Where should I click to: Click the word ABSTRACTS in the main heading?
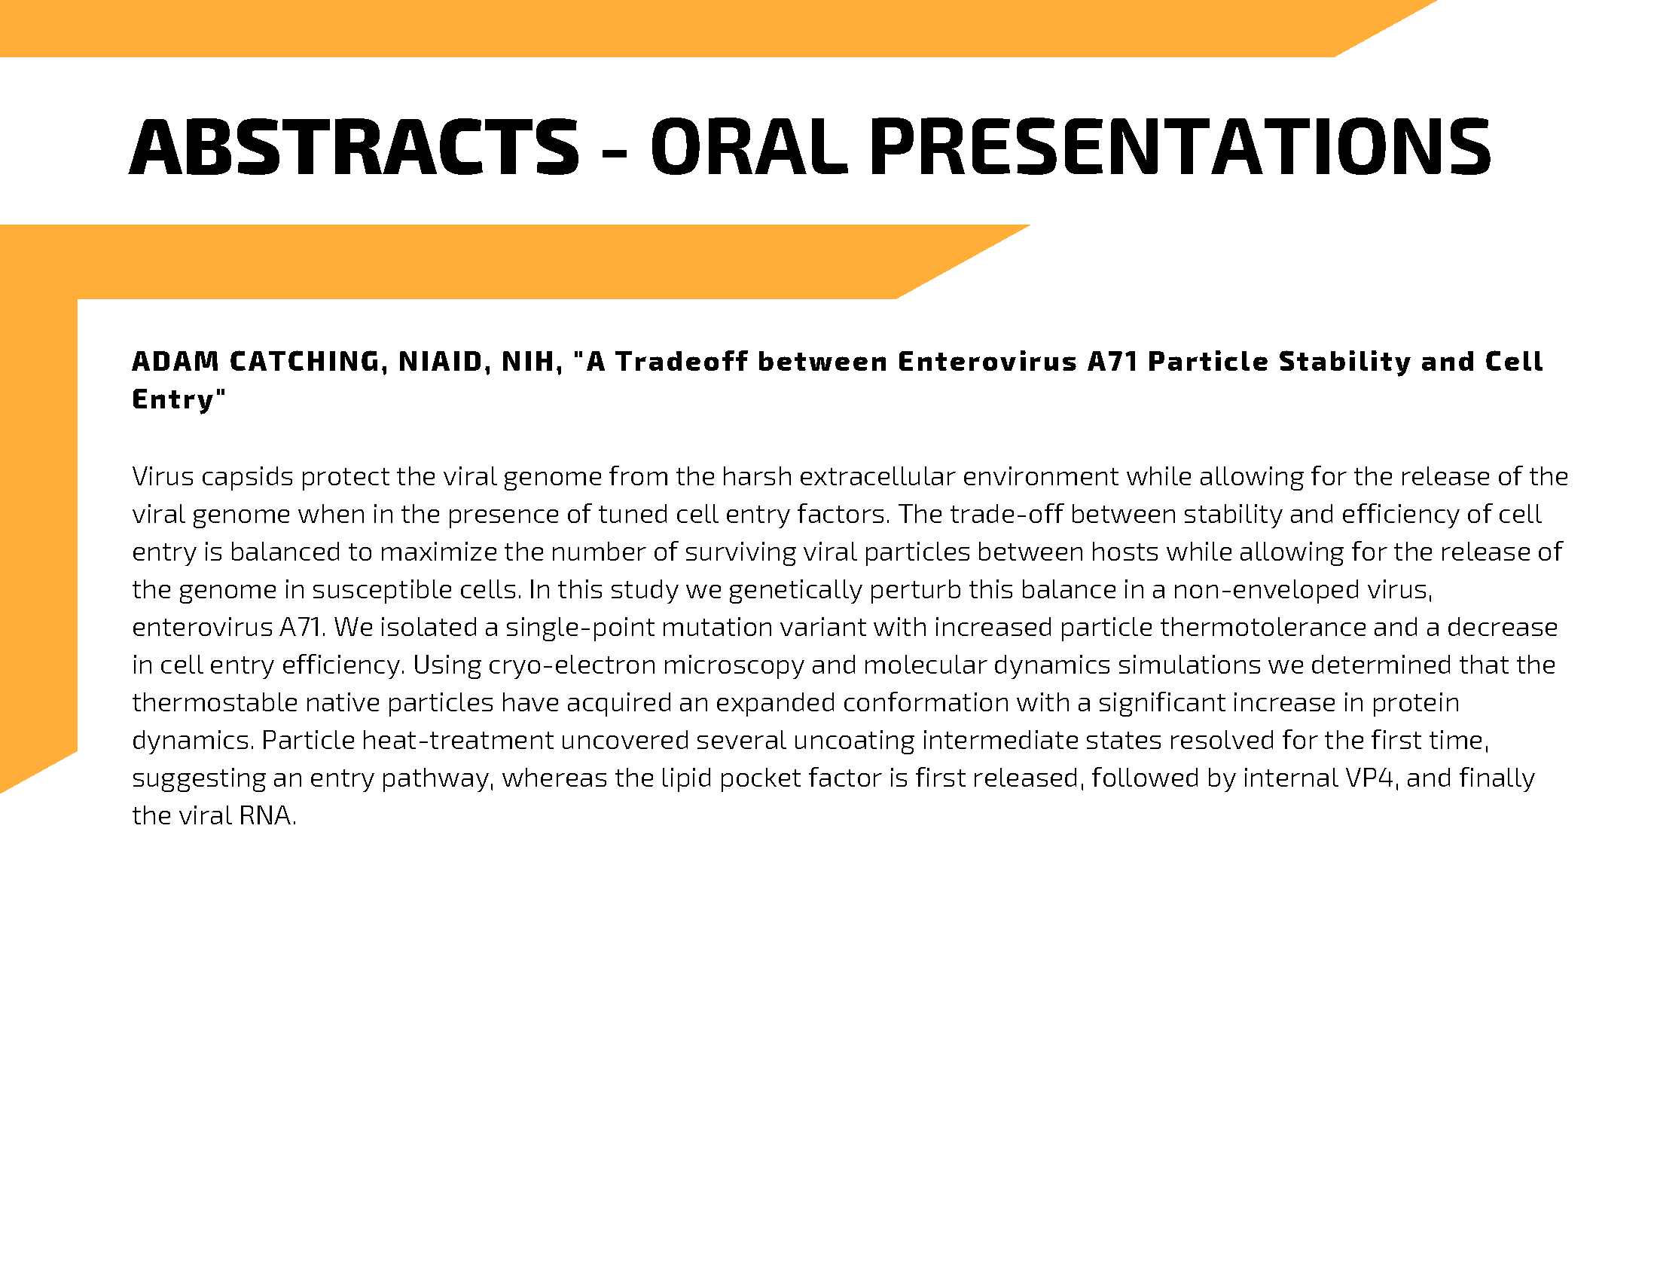click(x=354, y=147)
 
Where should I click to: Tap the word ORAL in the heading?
click(x=749, y=147)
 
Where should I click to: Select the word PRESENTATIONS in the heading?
click(x=1179, y=147)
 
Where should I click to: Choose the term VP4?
click(x=1372, y=778)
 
